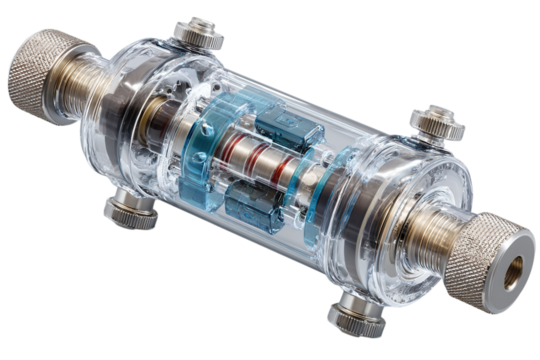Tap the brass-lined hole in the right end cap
pos(517,267)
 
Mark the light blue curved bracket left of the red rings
pos(199,140)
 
